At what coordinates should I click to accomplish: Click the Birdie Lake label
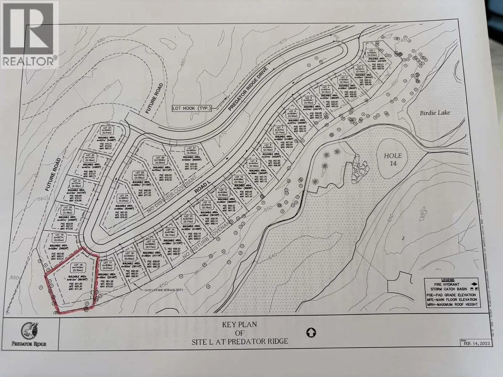point(435,113)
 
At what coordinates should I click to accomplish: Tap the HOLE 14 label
point(393,159)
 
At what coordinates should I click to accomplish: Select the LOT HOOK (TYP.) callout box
point(192,108)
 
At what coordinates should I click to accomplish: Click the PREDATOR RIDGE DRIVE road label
point(248,89)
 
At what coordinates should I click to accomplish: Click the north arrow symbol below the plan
point(311,333)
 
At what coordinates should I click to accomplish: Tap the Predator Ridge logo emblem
point(29,331)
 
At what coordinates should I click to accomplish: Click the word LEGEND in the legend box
point(448,280)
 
